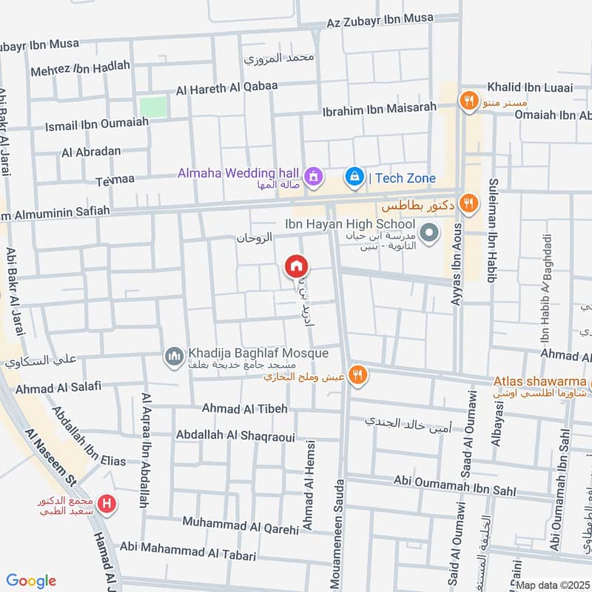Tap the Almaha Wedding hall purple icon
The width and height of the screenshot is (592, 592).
point(314,176)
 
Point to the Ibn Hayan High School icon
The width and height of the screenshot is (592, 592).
point(428,235)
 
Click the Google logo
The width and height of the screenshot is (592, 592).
point(31,581)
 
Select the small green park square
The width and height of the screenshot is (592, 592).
point(153,107)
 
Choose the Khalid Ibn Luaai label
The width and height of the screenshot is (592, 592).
point(530,88)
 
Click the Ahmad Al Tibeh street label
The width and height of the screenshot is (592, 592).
point(245,408)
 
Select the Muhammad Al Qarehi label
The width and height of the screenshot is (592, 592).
point(240,526)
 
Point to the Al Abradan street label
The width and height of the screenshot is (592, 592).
point(91,152)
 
